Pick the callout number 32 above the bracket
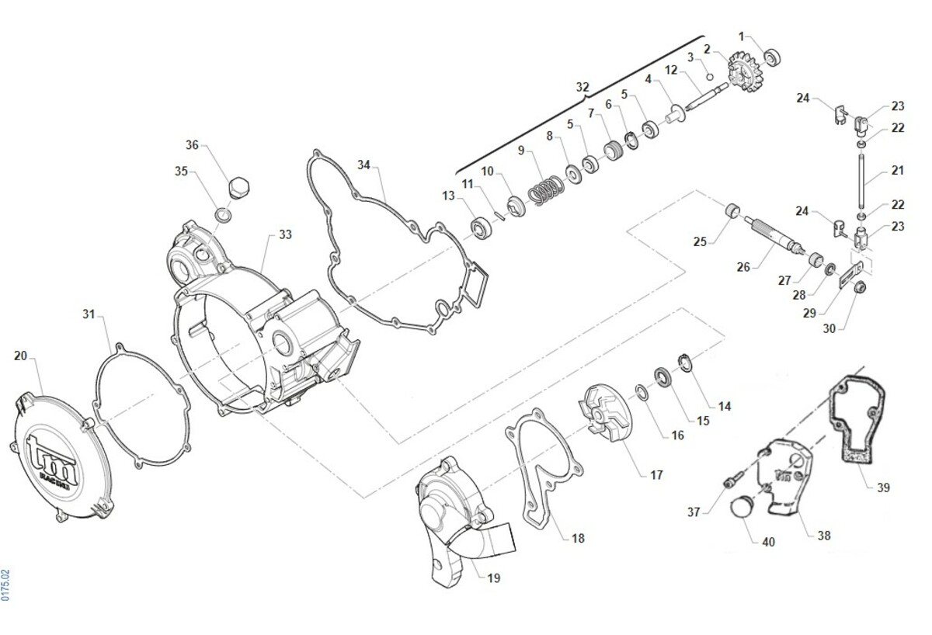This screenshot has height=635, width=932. [582, 87]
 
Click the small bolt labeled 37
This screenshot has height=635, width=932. [729, 483]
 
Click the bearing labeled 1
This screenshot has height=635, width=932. [774, 57]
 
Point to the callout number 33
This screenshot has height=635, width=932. [286, 234]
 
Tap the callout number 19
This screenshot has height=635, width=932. [494, 578]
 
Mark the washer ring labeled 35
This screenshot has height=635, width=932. [222, 214]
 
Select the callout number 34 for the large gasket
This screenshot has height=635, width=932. [364, 165]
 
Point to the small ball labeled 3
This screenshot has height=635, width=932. [709, 75]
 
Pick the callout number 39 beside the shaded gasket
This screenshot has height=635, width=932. [883, 488]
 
